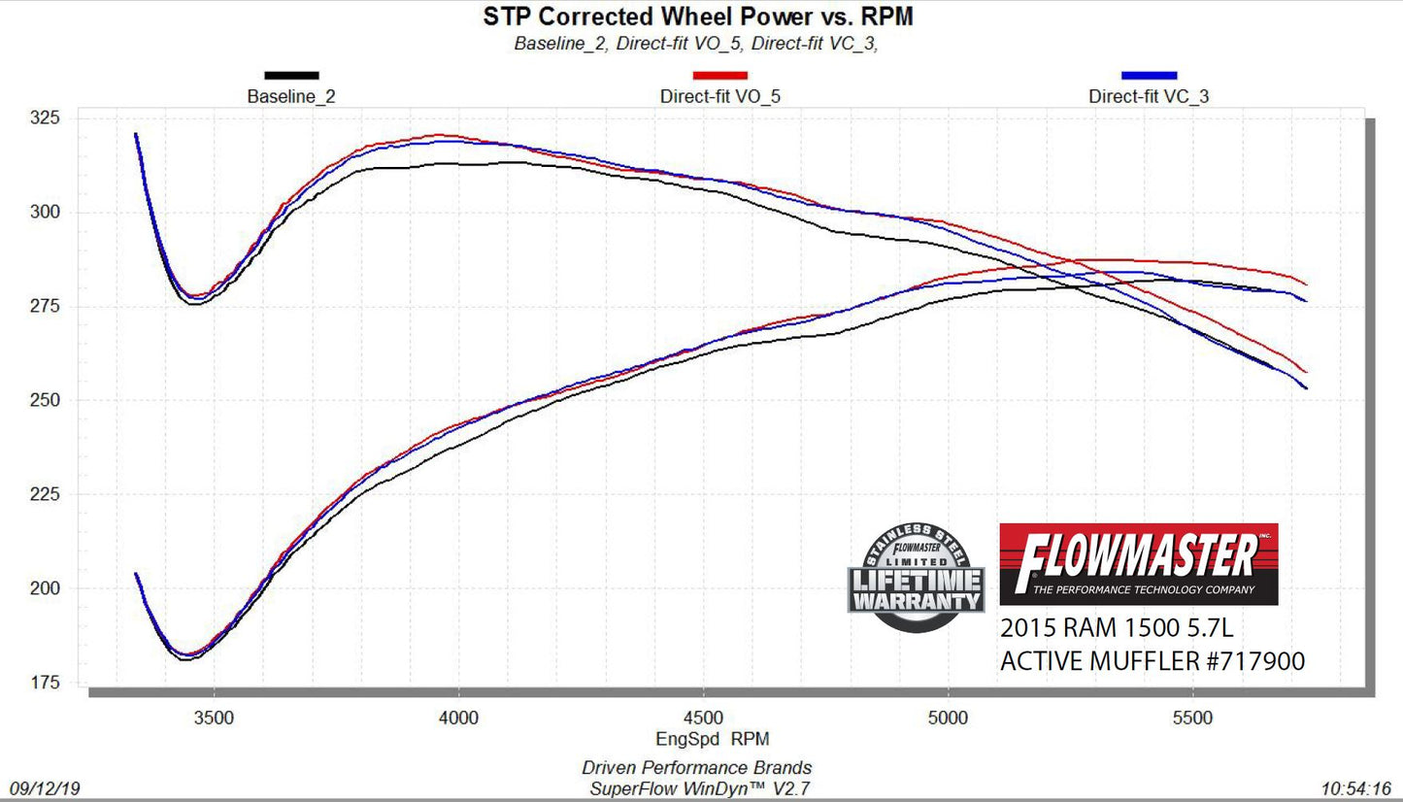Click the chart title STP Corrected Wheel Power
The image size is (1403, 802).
pos(698,17)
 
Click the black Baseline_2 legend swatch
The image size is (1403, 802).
pos(291,75)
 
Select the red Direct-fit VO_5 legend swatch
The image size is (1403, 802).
pos(719,75)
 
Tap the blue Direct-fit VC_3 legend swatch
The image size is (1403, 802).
pos(1149,75)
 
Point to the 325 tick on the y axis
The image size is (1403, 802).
pos(45,118)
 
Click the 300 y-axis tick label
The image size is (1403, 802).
pos(45,213)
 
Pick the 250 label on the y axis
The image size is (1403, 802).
pos(45,401)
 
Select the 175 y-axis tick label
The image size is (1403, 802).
pos(45,684)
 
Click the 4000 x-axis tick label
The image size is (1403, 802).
pos(458,718)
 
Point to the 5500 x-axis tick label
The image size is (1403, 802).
pos(1193,718)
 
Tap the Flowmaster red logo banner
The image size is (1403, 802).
pos(1138,564)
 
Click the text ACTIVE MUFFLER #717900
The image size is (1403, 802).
pos(1152,661)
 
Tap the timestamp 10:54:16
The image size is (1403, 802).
pos(1356,787)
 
